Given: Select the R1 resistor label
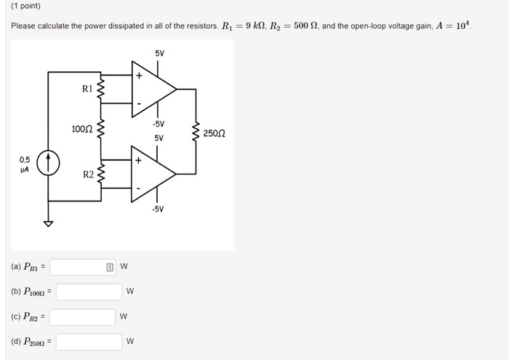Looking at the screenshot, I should pyautogui.click(x=87, y=89).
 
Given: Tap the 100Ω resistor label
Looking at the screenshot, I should pyautogui.click(x=81, y=129).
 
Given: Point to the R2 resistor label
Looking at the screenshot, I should pyautogui.click(x=88, y=175).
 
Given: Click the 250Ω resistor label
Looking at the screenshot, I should pyautogui.click(x=215, y=133).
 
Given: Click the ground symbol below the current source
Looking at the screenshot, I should pyautogui.click(x=49, y=224).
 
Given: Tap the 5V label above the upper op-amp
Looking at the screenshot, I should pyautogui.click(x=159, y=54).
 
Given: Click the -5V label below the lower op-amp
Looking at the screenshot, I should pyautogui.click(x=158, y=209).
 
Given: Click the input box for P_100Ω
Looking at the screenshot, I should pyautogui.click(x=89, y=292).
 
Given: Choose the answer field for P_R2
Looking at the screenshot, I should pyautogui.click(x=82, y=317).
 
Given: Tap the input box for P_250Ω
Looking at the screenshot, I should pyautogui.click(x=89, y=342).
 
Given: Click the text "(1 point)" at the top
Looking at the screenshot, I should pyautogui.click(x=25, y=7).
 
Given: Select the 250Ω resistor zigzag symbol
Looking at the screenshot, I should pyautogui.click(x=195, y=133).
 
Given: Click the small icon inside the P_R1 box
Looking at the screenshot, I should pyautogui.click(x=110, y=267).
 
